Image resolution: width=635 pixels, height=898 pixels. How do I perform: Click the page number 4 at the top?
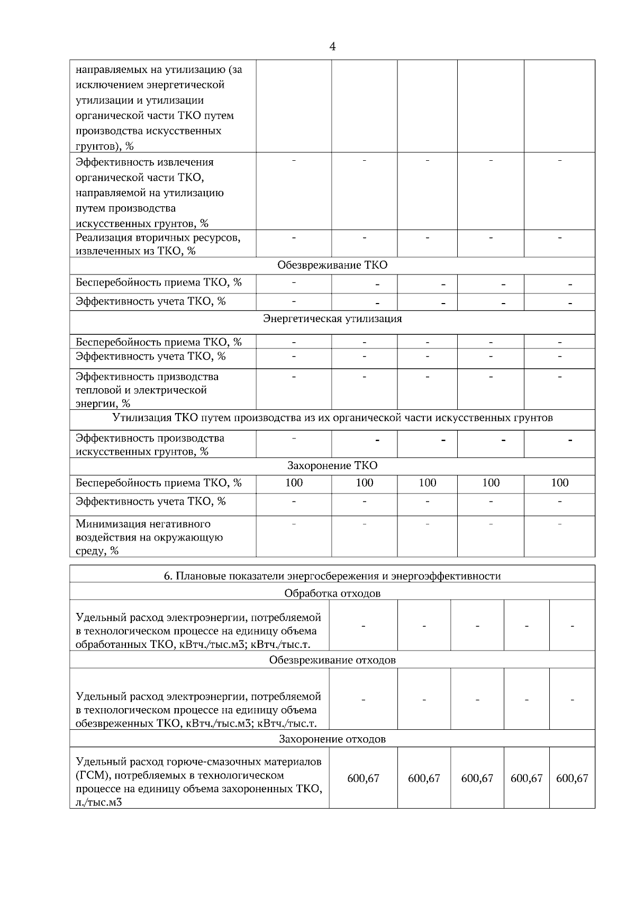(332, 47)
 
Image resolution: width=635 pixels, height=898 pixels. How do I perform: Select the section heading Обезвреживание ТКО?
(332, 265)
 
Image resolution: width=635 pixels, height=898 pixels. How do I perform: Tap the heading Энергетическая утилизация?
(332, 318)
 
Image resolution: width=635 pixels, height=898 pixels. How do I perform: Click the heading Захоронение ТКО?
(332, 465)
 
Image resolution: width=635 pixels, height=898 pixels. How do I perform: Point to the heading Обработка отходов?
(332, 593)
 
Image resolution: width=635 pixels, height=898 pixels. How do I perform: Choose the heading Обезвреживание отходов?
(332, 660)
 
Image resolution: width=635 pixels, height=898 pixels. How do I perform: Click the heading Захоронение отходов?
(332, 739)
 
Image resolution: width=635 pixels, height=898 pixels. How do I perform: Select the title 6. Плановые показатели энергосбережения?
(332, 576)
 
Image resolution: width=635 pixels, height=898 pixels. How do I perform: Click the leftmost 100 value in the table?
(294, 482)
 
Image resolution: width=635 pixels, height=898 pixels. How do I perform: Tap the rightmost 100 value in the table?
(559, 482)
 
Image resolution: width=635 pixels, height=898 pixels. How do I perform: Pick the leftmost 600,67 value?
(363, 778)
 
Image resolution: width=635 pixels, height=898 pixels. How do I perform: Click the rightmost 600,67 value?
(572, 778)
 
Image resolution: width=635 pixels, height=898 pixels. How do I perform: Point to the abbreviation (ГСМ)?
(92, 775)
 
